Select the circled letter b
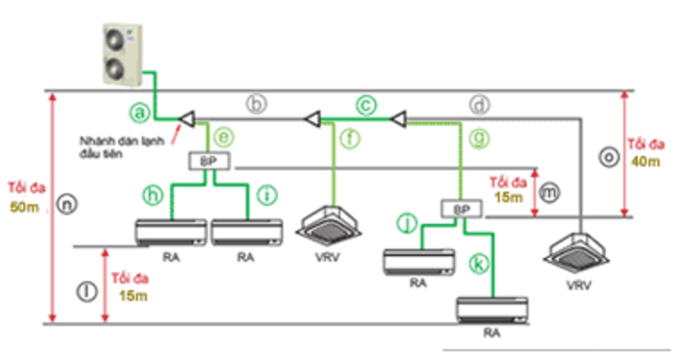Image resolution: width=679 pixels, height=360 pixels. pyautogui.click(x=257, y=104)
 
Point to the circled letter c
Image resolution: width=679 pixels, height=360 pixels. pyautogui.click(x=365, y=104)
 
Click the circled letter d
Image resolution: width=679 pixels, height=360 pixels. pyautogui.click(x=480, y=105)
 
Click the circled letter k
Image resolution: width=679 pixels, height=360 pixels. pyautogui.click(x=480, y=264)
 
